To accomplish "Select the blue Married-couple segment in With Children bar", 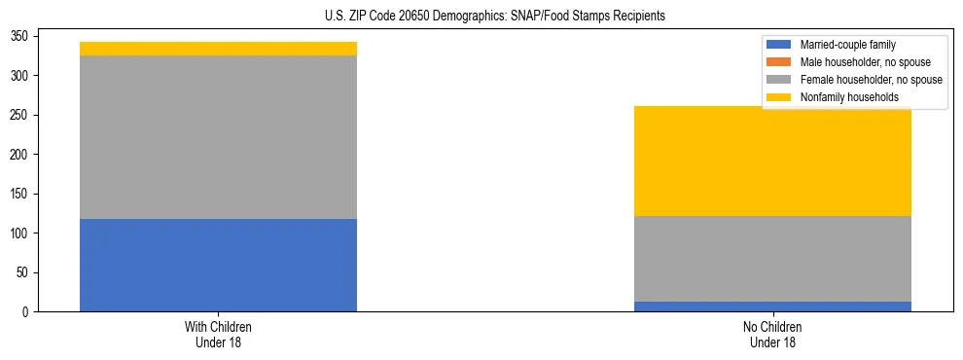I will [218, 265].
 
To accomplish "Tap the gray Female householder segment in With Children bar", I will [218, 137].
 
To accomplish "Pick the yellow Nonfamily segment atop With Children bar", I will [218, 49].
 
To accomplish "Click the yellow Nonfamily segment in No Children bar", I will [772, 161].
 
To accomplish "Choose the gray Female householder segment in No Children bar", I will [772, 259].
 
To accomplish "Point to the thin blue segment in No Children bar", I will [772, 306].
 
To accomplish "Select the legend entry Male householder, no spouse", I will [865, 62].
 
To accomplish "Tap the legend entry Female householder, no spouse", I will [871, 80].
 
